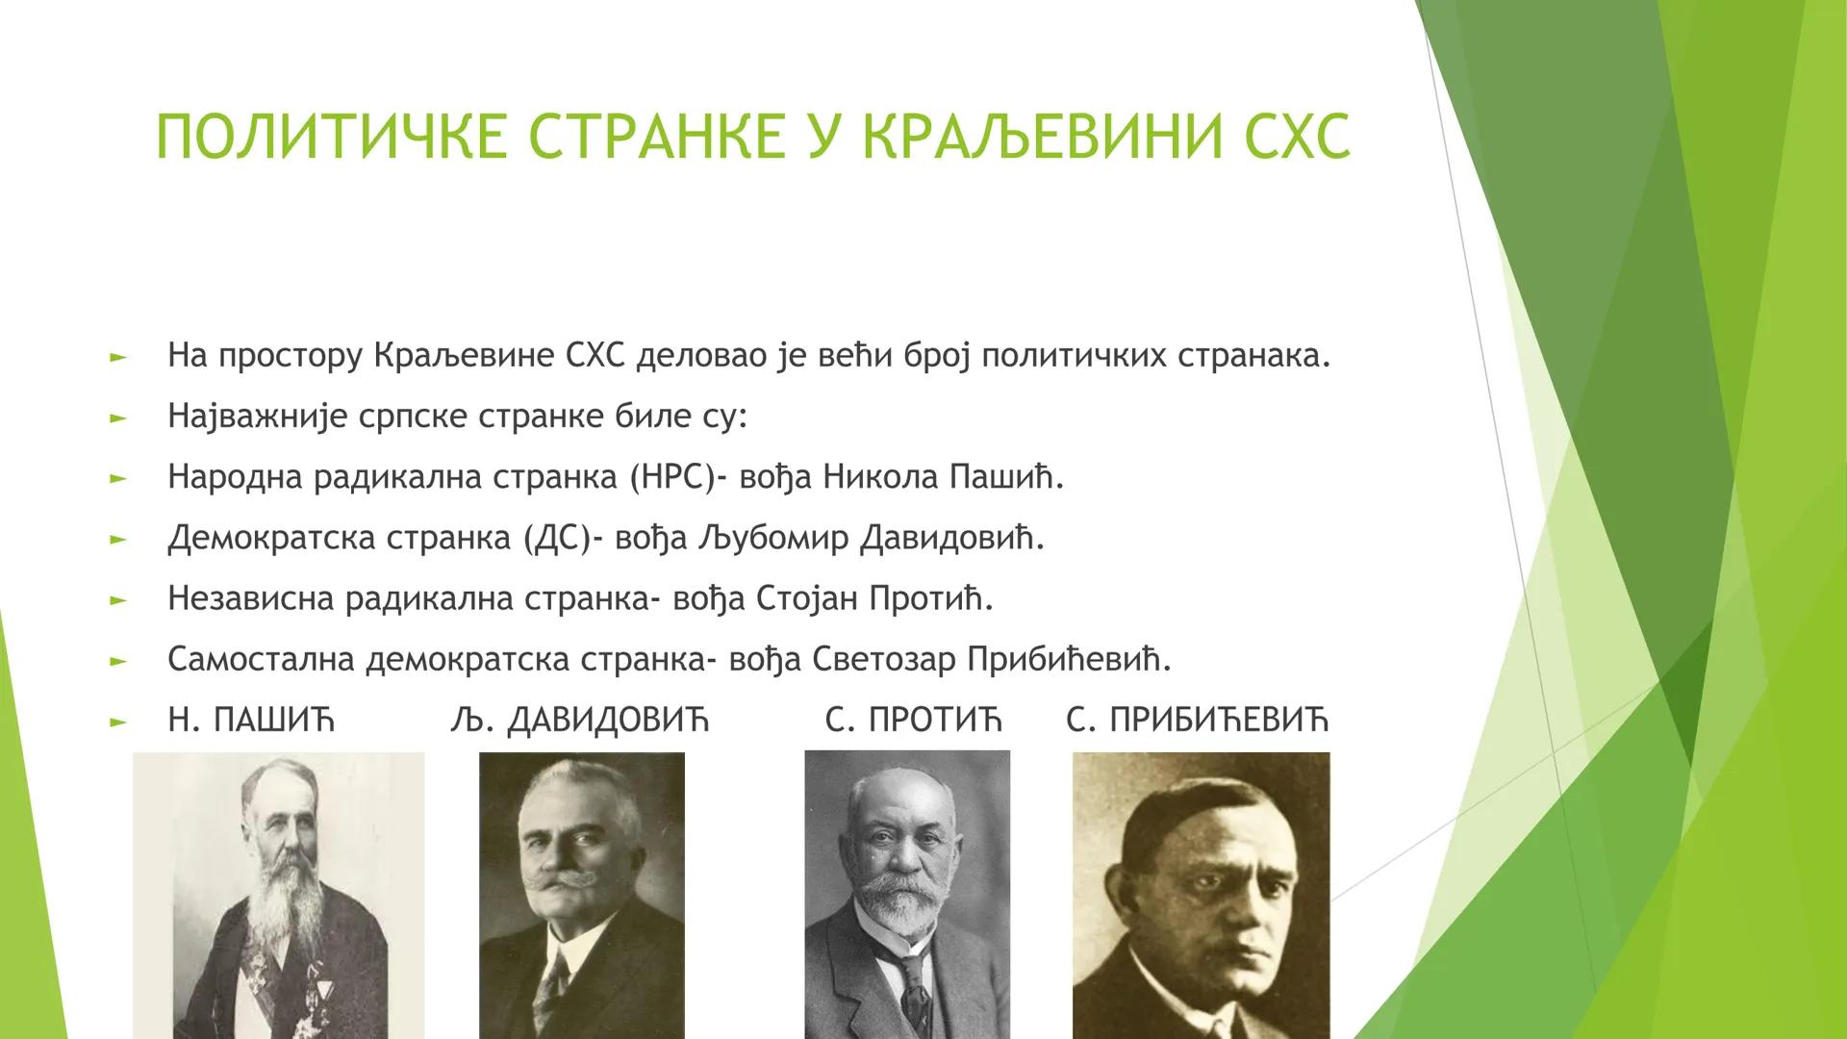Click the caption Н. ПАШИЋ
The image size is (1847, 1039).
tap(251, 720)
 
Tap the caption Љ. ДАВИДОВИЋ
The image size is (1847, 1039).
tap(579, 720)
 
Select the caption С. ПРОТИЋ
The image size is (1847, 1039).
tap(914, 720)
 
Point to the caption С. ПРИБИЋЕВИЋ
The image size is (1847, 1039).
tap(1198, 720)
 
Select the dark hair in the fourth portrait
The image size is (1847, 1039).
tap(1193, 818)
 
